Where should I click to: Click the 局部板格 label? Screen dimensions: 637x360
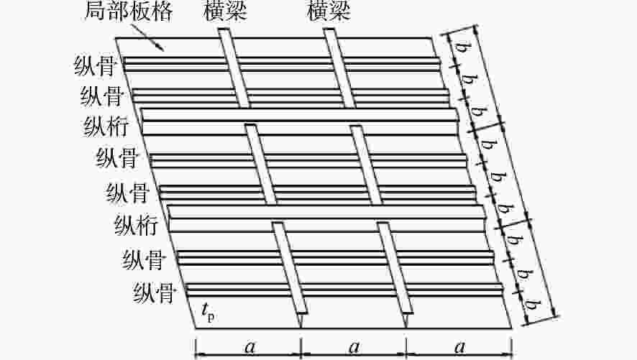click(129, 11)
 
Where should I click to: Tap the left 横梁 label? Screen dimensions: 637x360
click(225, 11)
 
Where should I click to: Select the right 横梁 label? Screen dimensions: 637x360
click(329, 11)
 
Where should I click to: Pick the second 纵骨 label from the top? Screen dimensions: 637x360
click(102, 96)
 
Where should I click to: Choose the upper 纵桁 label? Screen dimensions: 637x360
click(106, 126)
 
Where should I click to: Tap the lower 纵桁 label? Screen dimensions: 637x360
click(137, 225)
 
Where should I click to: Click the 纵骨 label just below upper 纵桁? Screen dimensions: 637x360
click(117, 158)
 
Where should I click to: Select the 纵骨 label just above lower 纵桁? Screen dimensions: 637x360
click(127, 193)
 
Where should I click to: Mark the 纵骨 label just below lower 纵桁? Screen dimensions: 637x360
click(143, 259)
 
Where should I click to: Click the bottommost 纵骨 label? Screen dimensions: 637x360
click(154, 292)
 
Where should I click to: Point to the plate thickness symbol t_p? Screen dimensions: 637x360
click(208, 311)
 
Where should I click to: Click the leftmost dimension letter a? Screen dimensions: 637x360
click(250, 347)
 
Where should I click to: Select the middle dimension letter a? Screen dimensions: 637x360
click(354, 347)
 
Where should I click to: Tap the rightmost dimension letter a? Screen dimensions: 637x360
click(459, 347)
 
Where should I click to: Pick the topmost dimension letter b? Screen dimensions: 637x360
click(460, 47)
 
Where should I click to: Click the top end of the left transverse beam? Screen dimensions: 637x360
click(224, 29)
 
